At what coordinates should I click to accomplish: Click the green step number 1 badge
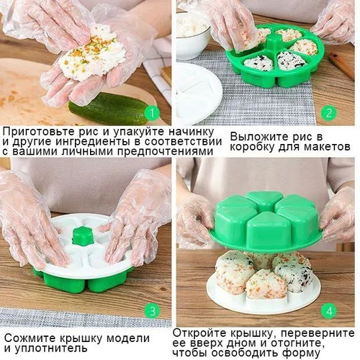click(x=152, y=113)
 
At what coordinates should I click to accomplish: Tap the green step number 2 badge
click(x=328, y=113)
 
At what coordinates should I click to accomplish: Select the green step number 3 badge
click(x=153, y=311)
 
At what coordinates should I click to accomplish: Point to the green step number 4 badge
click(x=329, y=311)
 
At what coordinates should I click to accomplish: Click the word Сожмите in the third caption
click(x=30, y=338)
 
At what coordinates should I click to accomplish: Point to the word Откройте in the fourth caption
click(x=199, y=333)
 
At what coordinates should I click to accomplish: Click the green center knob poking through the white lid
click(x=83, y=236)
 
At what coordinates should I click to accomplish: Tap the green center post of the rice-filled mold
click(x=275, y=42)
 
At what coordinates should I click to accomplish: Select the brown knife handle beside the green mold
click(x=341, y=66)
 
